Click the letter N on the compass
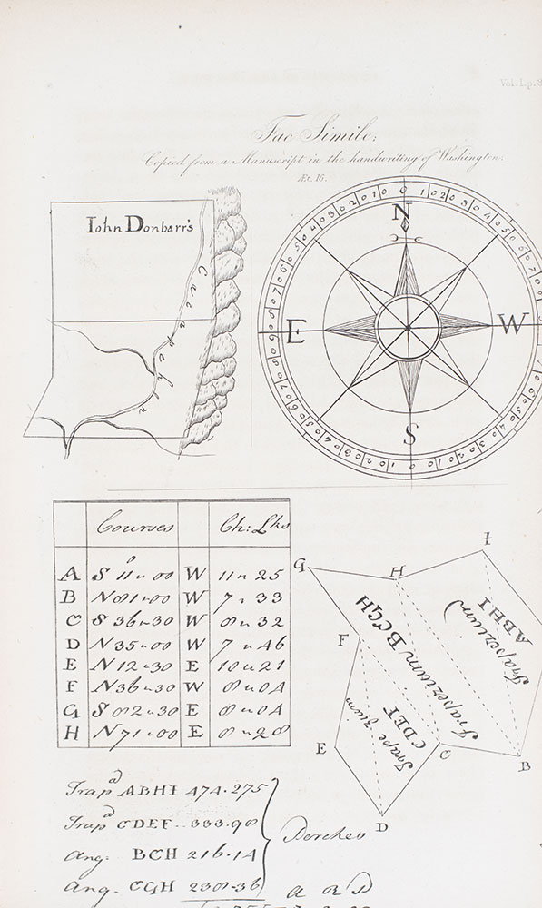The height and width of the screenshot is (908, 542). coord(401,214)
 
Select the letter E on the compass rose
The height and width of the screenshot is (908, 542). coord(296,332)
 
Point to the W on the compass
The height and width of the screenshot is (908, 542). coord(513,323)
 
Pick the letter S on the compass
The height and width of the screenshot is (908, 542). coord(409,435)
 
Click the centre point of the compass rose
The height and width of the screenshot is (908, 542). coord(408,327)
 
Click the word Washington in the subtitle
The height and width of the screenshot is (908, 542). coord(468,157)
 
